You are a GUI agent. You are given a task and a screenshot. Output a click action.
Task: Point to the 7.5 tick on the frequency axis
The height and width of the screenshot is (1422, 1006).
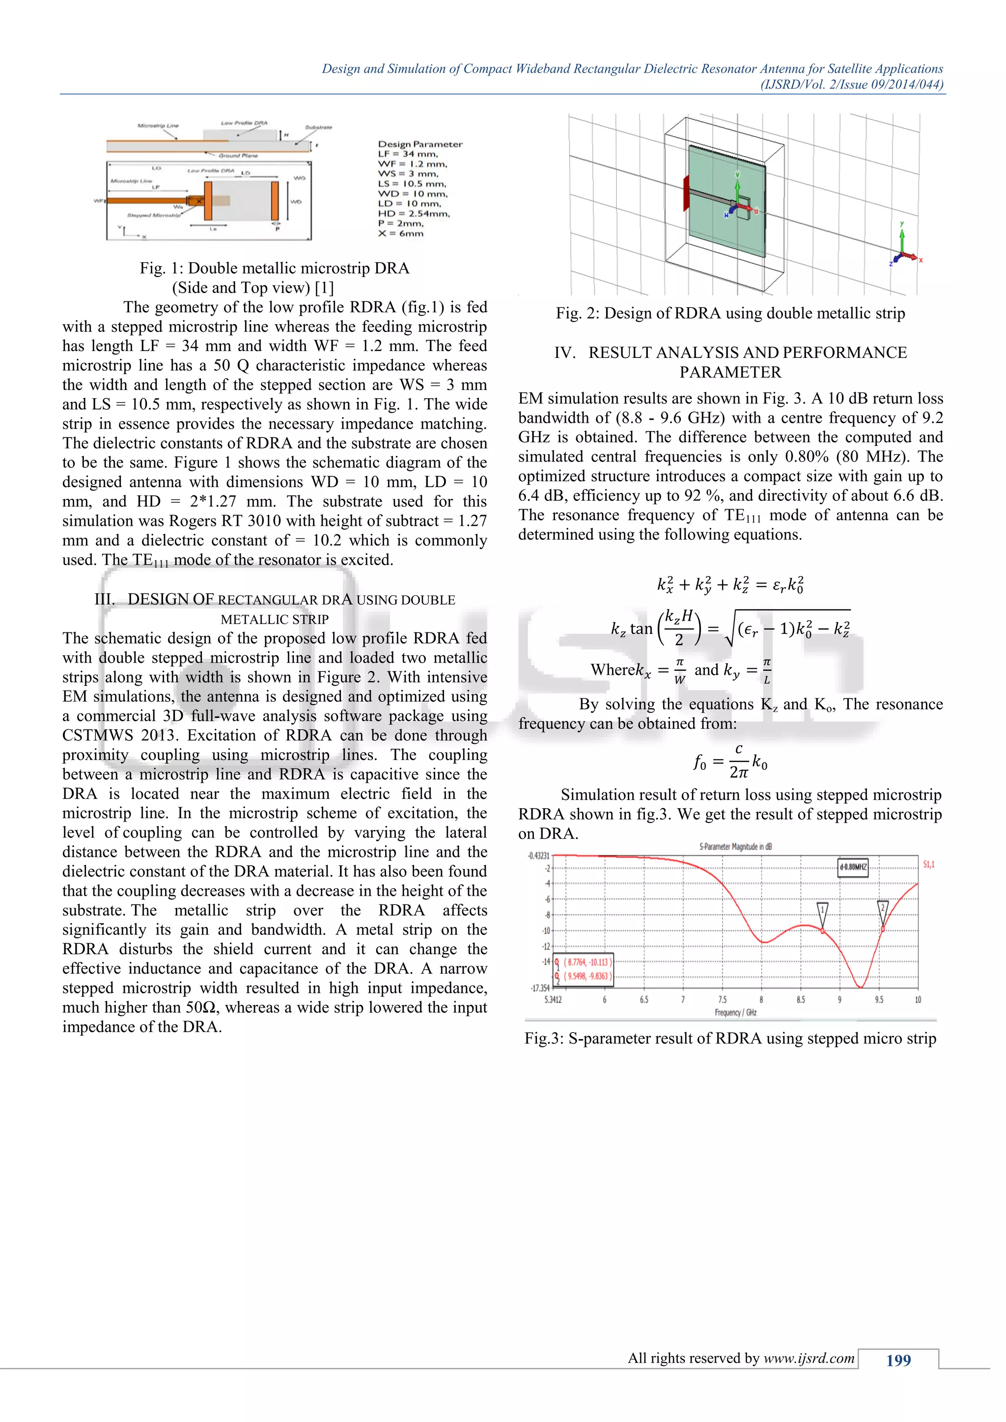pos(722,1000)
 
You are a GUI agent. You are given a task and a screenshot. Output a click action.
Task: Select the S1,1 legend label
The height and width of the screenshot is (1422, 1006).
pos(928,865)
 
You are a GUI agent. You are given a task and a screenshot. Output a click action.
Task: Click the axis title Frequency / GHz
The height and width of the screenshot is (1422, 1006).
pos(735,1012)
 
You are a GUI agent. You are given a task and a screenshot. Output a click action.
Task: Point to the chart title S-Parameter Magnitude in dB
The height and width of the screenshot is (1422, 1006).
pos(735,847)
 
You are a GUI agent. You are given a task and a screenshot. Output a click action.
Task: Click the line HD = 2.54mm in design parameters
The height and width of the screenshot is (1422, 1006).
pos(414,214)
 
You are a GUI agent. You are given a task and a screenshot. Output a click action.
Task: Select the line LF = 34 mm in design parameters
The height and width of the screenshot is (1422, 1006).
pos(408,154)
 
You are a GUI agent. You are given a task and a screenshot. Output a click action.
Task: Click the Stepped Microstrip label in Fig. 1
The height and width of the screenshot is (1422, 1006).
pos(154,216)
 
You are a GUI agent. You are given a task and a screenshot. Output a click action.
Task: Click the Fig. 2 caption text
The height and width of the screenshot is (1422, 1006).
pos(730,313)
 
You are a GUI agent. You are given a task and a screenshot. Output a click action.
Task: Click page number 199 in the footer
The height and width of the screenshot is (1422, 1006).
pos(898,1360)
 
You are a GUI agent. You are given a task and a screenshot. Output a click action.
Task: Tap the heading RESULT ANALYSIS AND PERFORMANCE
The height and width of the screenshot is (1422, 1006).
pos(730,353)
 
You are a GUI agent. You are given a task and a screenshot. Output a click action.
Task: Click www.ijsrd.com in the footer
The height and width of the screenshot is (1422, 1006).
pos(809,1358)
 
